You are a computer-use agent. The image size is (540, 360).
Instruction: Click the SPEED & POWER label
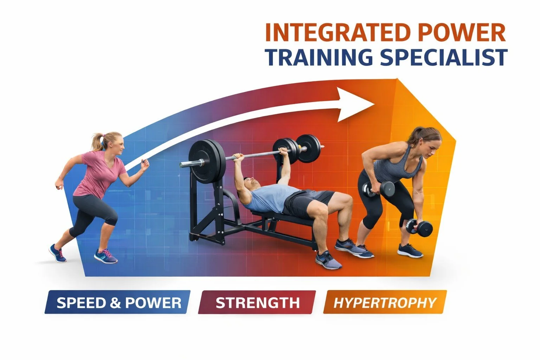[119, 303]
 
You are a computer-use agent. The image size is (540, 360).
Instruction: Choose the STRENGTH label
[257, 303]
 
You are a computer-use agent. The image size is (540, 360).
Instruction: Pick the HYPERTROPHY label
[385, 303]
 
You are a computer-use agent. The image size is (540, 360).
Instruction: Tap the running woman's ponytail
[97, 141]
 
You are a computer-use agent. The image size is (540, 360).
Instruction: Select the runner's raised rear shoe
[57, 253]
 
